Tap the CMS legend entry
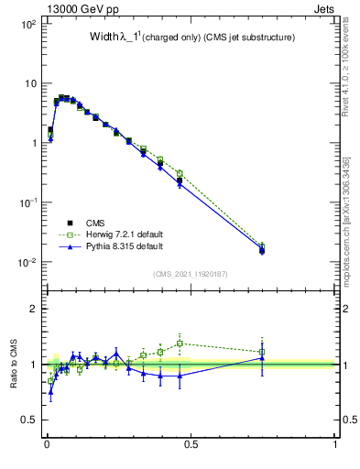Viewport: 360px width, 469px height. (95, 222)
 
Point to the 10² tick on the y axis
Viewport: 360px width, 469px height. (28, 24)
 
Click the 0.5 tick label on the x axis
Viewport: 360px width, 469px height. (191, 444)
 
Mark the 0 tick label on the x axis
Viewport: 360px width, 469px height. (46, 444)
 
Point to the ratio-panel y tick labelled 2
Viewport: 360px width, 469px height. (32, 309)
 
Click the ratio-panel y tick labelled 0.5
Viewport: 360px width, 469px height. (28, 420)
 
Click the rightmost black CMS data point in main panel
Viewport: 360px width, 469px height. (262, 250)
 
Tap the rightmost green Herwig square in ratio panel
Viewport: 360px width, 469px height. (262, 352)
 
